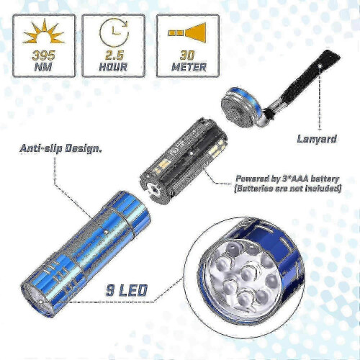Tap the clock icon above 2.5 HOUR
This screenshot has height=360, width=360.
tap(113, 33)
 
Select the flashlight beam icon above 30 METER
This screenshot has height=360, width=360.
tap(187, 33)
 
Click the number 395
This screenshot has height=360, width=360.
tap(44, 55)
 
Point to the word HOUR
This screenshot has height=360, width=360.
tap(113, 66)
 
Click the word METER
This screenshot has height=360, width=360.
tap(189, 66)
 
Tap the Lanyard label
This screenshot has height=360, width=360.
tap(317, 139)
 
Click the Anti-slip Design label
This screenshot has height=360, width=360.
tap(60, 149)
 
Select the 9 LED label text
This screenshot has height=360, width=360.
tap(127, 290)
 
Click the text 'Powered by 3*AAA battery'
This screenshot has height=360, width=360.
tap(287, 179)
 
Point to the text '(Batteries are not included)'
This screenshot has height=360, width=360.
tap(287, 189)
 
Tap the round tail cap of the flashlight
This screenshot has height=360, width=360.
tap(240, 106)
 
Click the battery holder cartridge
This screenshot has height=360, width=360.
tap(184, 161)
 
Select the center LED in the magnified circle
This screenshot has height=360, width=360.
tap(251, 272)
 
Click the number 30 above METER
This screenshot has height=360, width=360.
tap(187, 55)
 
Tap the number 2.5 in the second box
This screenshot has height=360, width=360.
tap(114, 55)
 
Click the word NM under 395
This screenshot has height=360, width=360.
tap(43, 66)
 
